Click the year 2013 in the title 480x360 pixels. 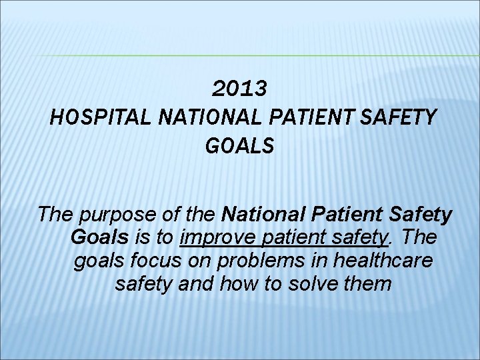(x=240, y=88)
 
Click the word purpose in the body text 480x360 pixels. (x=117, y=215)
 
